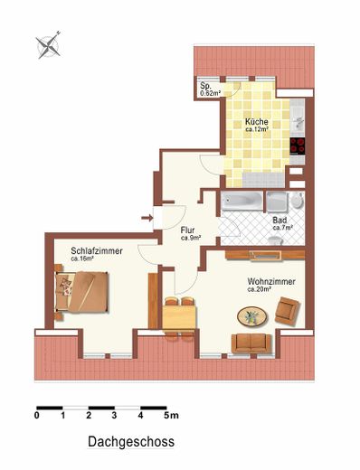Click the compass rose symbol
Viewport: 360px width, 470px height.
click(48, 45)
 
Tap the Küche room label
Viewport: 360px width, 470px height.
click(256, 122)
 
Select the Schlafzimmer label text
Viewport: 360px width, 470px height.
click(97, 250)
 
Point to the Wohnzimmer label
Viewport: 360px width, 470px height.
click(271, 282)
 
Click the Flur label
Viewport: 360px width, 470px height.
click(187, 230)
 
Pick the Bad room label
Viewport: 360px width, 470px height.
click(279, 220)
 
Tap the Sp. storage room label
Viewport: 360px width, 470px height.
click(206, 86)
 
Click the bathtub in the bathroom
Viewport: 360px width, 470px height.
click(242, 201)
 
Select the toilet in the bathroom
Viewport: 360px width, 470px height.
click(297, 200)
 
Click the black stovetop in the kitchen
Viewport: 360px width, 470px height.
click(298, 146)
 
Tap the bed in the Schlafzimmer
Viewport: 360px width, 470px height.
click(81, 292)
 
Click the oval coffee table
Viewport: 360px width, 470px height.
click(252, 316)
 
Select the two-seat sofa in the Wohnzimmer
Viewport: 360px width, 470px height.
click(251, 343)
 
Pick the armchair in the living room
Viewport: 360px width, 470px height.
click(288, 311)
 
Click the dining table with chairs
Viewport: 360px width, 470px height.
click(179, 319)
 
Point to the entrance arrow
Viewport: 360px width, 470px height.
click(147, 217)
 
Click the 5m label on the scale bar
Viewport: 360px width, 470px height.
click(171, 416)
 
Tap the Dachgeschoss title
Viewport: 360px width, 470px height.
click(131, 442)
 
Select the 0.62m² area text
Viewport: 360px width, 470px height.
click(210, 93)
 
